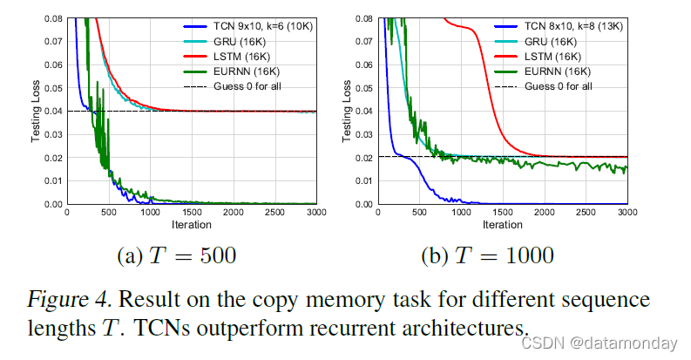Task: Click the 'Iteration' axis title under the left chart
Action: pos(190,225)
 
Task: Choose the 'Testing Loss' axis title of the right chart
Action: pos(347,111)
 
